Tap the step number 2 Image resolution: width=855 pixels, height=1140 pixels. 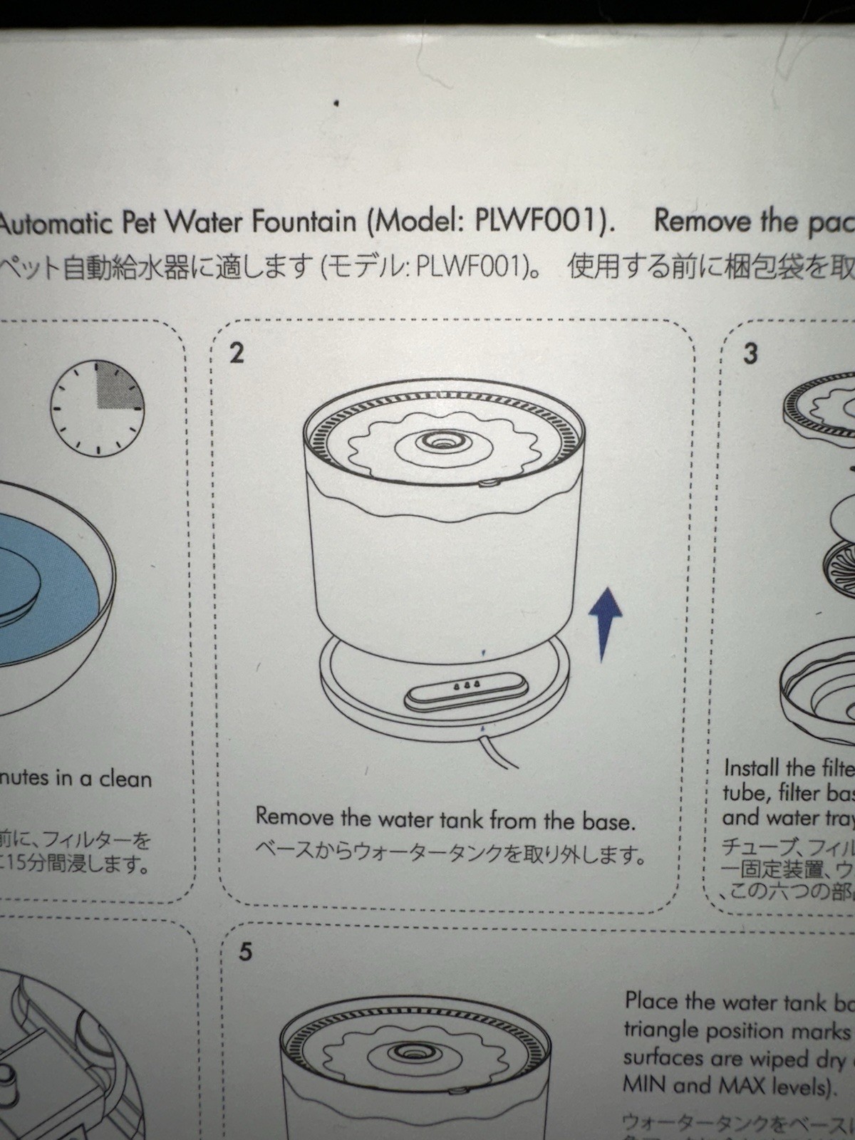(237, 353)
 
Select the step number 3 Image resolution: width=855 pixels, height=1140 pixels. (750, 353)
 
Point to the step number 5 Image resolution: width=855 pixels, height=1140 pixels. (245, 952)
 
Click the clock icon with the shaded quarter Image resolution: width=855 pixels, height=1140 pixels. (97, 408)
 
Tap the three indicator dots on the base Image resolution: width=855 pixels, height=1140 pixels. (466, 685)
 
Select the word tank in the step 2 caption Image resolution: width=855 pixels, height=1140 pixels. (457, 819)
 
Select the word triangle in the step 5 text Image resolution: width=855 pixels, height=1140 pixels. (667, 1030)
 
